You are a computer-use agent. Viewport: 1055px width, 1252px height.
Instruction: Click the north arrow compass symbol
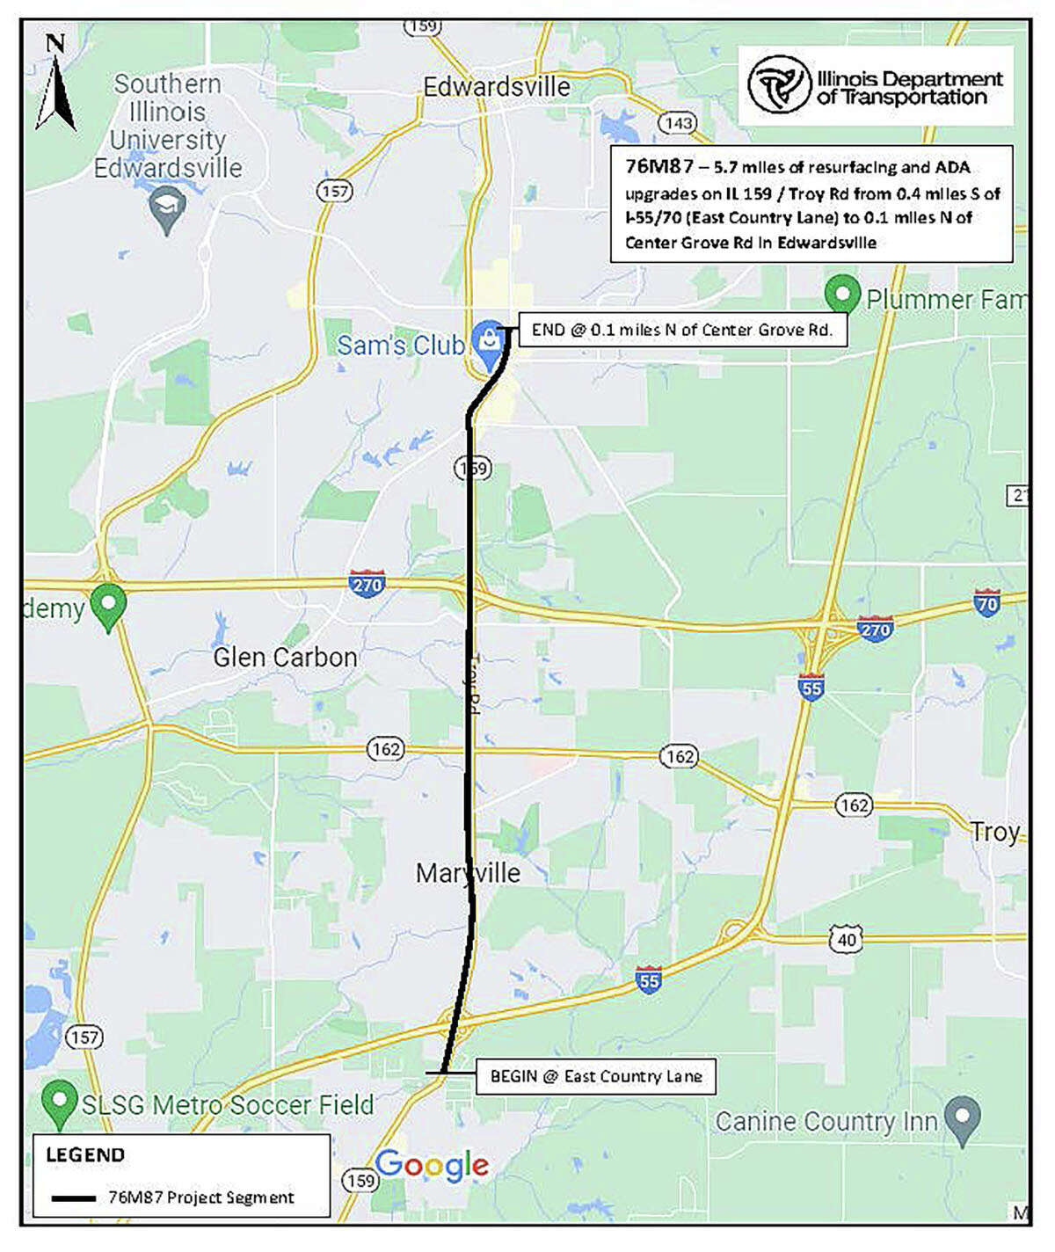pyautogui.click(x=55, y=84)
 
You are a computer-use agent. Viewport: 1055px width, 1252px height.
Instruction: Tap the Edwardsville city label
pyautogui.click(x=497, y=87)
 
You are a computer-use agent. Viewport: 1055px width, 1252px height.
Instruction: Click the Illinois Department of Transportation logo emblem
pyautogui.click(x=778, y=85)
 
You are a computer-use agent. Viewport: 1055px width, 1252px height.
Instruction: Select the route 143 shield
pyautogui.click(x=678, y=123)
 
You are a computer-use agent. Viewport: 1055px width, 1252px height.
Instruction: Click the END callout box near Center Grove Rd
pyautogui.click(x=681, y=330)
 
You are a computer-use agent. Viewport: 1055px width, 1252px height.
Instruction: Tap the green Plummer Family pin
pyautogui.click(x=842, y=294)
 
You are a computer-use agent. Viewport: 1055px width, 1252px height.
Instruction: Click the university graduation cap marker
pyautogui.click(x=165, y=210)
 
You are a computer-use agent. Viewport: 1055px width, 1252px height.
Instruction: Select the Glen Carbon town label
pyautogui.click(x=285, y=657)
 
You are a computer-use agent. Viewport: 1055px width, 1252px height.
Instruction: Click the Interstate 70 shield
pyautogui.click(x=986, y=604)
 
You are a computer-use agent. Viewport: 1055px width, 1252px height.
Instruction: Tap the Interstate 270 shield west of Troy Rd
pyautogui.click(x=367, y=584)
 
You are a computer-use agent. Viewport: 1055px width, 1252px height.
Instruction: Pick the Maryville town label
pyautogui.click(x=468, y=873)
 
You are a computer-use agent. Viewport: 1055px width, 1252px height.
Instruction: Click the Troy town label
pyautogui.click(x=994, y=831)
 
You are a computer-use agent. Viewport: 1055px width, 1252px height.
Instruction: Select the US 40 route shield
pyautogui.click(x=846, y=939)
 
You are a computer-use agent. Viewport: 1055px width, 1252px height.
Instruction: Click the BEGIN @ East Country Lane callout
pyautogui.click(x=595, y=1076)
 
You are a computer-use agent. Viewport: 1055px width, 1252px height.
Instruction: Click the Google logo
pyautogui.click(x=431, y=1165)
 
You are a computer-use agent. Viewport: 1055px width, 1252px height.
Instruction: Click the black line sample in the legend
pyautogui.click(x=73, y=1197)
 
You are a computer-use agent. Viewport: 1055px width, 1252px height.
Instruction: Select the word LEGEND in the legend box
pyautogui.click(x=85, y=1154)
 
